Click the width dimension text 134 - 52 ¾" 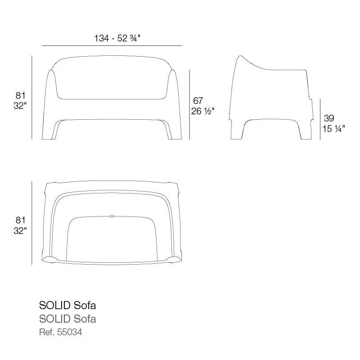pos(117,38)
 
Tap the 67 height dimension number pos(198,100)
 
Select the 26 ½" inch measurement pos(202,111)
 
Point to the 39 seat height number pos(329,118)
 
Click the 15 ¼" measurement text pos(333,129)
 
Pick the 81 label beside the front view pos(20,95)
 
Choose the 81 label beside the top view pos(20,220)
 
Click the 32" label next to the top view pos(20,231)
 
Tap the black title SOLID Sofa pos(67,306)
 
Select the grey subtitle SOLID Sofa pos(67,319)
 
